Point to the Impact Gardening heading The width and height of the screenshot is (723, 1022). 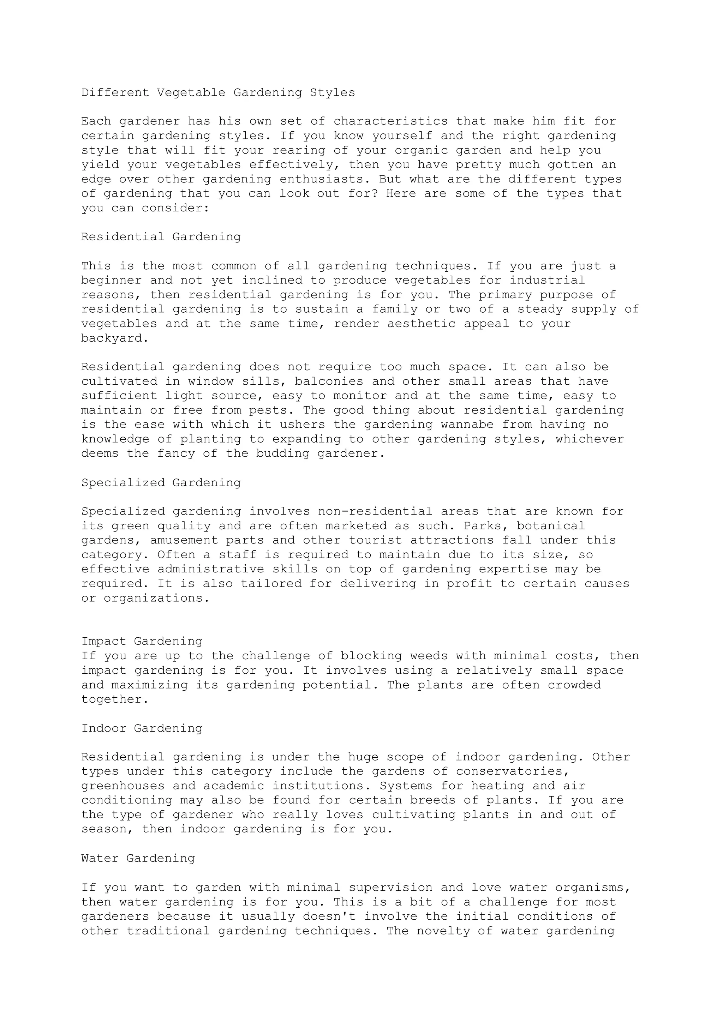142,642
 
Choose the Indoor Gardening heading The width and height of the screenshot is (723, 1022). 142,728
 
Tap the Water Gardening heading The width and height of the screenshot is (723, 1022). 138,858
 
